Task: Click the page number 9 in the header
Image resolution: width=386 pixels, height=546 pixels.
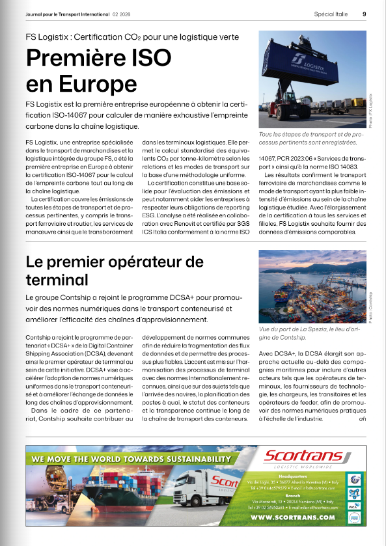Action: tap(365, 12)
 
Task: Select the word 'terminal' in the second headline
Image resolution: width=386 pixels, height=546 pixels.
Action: tap(57, 280)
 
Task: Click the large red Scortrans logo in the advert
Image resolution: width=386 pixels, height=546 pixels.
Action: tap(305, 457)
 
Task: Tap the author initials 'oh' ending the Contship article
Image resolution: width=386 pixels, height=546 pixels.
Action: tap(362, 418)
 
